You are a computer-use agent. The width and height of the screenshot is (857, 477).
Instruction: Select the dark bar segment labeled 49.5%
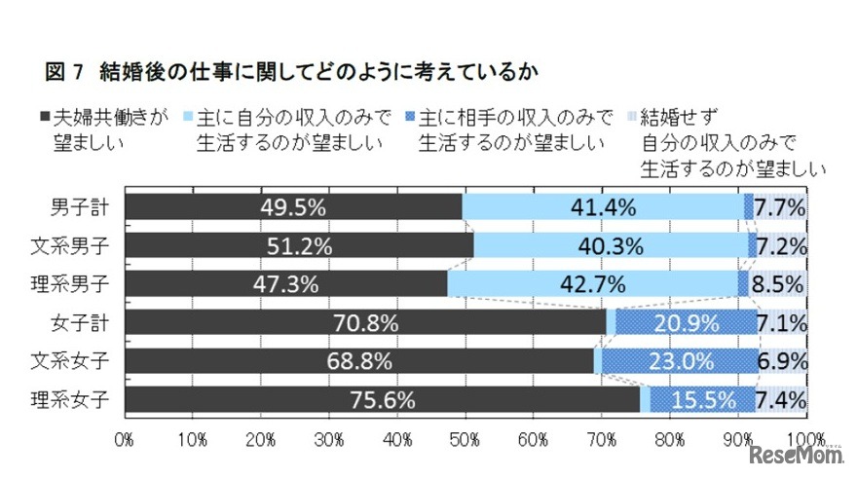(x=293, y=206)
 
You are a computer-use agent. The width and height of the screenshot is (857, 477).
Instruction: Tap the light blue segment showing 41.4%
(x=603, y=206)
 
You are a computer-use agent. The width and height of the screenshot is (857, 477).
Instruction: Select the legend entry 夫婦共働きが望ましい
(x=97, y=130)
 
